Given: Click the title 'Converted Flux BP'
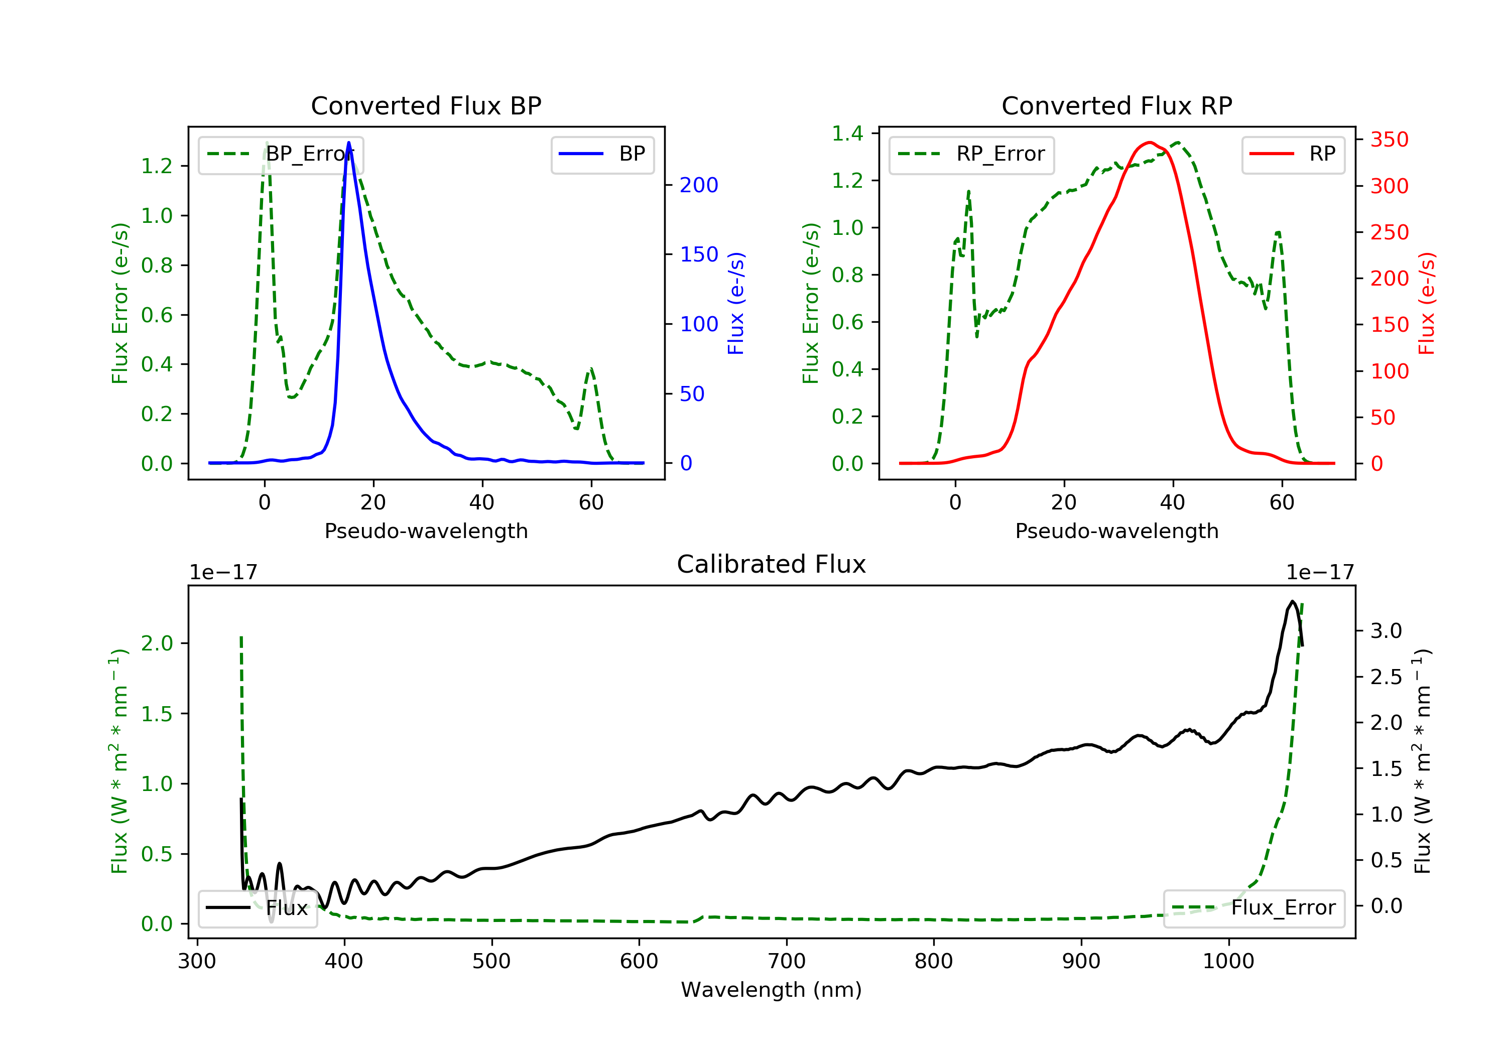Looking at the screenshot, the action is (x=426, y=105).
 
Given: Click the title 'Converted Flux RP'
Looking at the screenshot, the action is (x=1117, y=105).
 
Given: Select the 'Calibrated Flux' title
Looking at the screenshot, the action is (x=772, y=564).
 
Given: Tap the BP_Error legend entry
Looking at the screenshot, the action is (x=281, y=154).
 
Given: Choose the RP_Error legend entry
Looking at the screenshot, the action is (x=971, y=154).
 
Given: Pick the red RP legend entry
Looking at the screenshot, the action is (x=1293, y=154).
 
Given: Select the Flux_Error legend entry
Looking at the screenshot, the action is (x=1253, y=908).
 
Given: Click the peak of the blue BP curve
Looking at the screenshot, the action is (x=348, y=143).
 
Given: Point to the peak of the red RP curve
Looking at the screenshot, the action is (x=1149, y=143).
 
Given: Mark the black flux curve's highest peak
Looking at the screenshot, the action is (x=1292, y=601).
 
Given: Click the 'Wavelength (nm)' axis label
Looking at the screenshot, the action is (x=772, y=990).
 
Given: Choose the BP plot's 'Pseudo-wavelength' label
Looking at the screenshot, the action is (x=426, y=531).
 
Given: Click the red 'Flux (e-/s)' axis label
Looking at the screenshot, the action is (x=1426, y=303).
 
